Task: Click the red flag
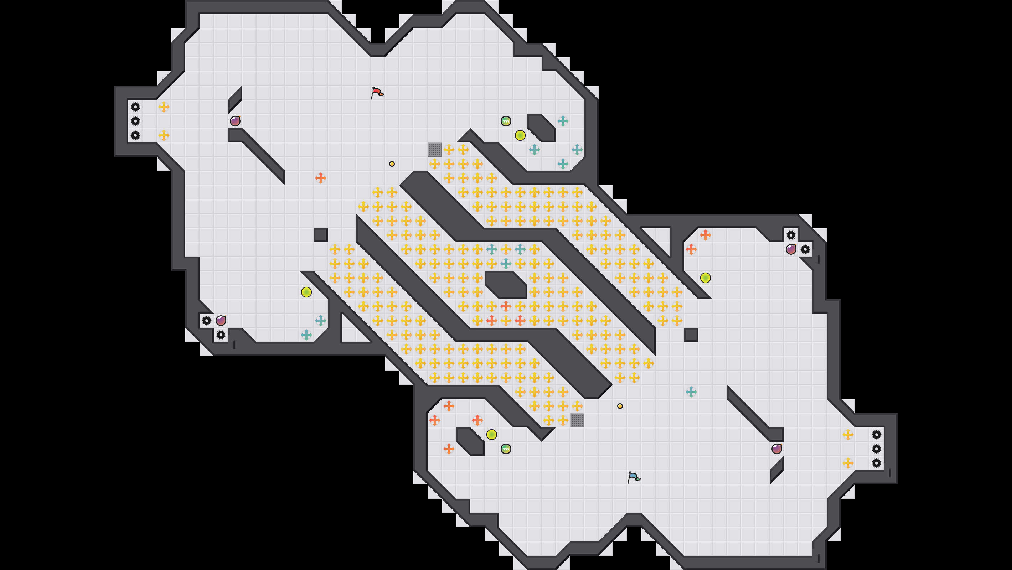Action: coord(377,93)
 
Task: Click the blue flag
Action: coord(633,477)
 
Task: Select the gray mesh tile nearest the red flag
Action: coord(434,150)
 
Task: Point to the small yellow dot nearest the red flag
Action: coord(392,164)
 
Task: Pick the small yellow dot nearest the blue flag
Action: coord(620,406)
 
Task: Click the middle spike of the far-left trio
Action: coord(135,121)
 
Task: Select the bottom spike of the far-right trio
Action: coord(877,463)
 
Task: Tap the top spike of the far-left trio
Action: coord(135,107)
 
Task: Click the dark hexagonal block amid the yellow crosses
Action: coord(506,284)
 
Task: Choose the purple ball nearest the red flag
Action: coord(235,121)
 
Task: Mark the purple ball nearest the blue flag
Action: coord(777,449)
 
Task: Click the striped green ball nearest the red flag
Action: coord(506,121)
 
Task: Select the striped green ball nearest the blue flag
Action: coord(506,449)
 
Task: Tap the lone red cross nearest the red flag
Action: coord(321,178)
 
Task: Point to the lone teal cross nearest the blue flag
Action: coord(691,392)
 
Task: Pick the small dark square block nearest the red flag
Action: coord(321,235)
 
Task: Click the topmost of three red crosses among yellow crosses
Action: coord(506,306)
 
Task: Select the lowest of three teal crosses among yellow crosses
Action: coord(506,263)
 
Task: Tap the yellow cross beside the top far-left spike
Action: coord(164,107)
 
